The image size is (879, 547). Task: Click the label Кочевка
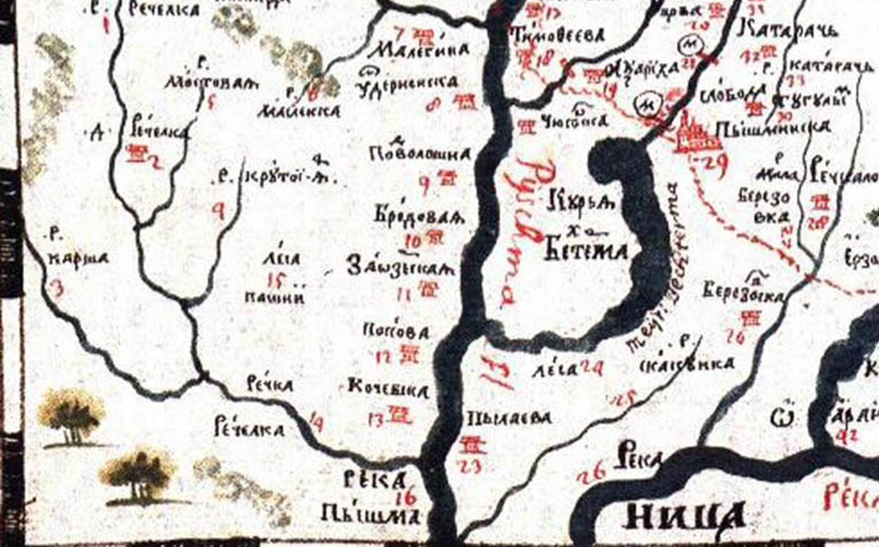tap(387, 390)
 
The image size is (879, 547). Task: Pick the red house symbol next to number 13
tap(400, 414)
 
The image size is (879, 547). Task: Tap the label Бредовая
tap(409, 217)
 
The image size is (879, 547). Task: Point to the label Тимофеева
tap(546, 36)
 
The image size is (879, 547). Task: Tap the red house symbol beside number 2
tap(138, 153)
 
